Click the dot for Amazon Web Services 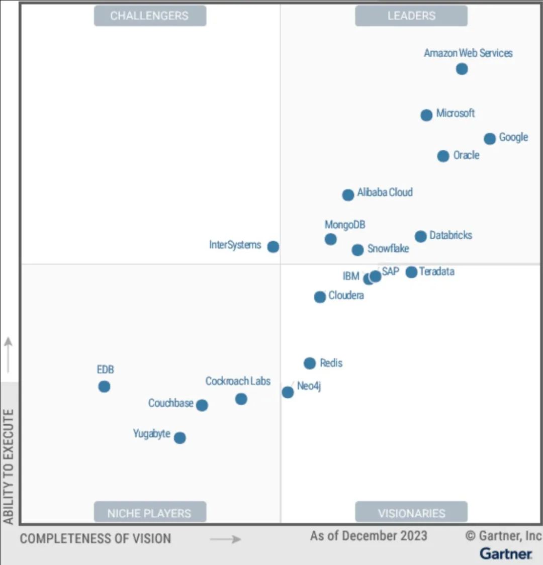462,69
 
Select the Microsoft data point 426,115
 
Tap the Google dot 490,139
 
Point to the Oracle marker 443,156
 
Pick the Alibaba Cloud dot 348,195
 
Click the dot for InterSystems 273,247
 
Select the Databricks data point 421,236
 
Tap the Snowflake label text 388,249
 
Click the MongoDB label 345,225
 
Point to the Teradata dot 411,272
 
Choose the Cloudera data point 320,297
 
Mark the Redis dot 310,363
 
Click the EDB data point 104,387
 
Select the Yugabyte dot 179,438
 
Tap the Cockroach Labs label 238,382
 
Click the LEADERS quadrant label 411,16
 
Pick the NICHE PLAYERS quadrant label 149,513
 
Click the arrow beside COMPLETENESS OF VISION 226,539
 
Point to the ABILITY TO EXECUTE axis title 9,467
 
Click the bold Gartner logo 506,553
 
